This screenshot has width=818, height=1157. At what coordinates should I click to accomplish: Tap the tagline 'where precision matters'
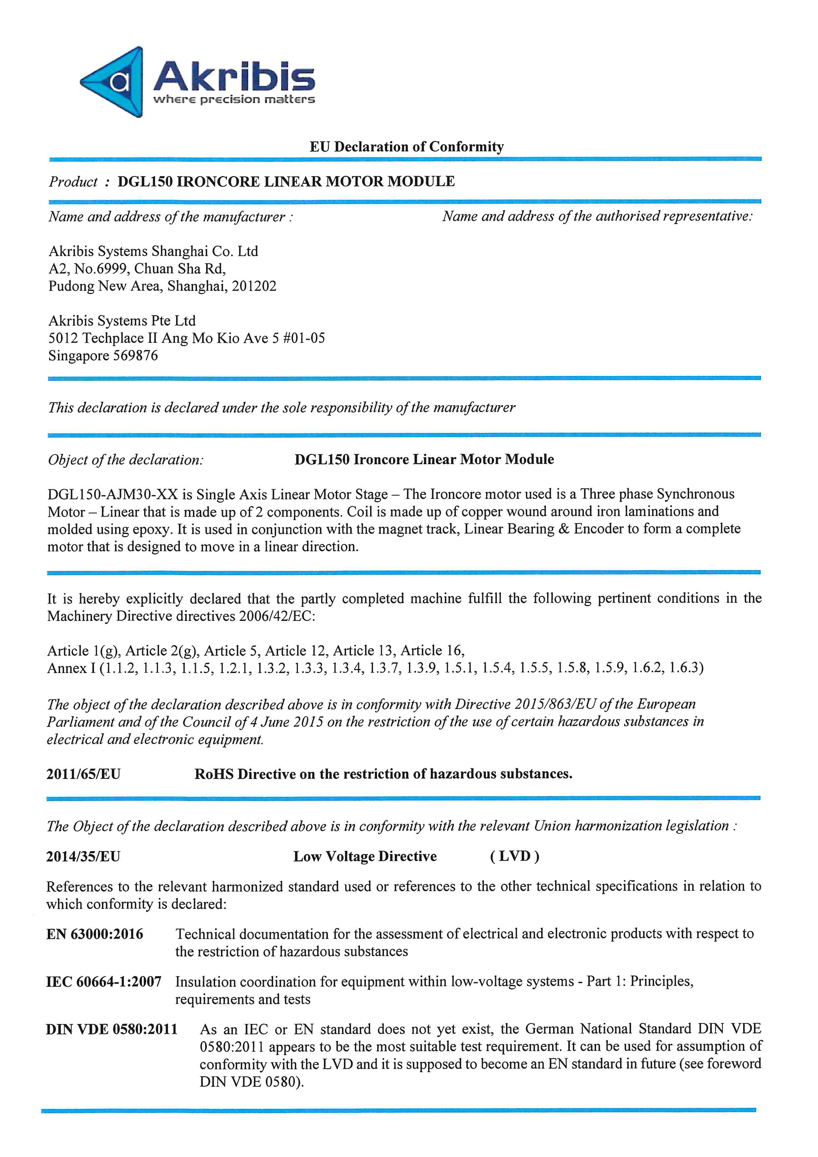pos(234,99)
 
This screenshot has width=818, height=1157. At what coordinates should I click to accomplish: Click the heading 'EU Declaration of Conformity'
pos(406,146)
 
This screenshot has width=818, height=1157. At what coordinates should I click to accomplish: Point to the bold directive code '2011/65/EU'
pos(83,774)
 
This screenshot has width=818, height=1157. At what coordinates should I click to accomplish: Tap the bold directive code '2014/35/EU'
pos(83,857)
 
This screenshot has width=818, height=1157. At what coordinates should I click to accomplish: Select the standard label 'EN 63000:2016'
pos(95,934)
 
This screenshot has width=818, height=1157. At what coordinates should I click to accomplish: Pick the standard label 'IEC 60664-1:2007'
pos(104,981)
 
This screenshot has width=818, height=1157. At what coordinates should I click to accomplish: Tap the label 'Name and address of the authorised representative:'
pos(597,216)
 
